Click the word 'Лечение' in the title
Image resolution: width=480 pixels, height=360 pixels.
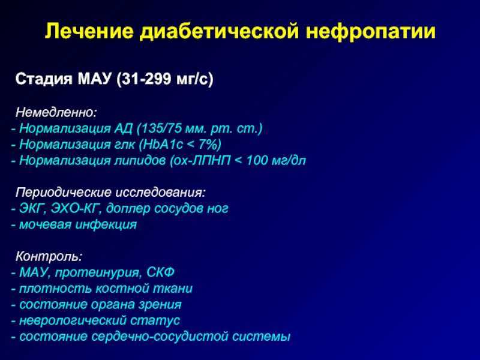click(89, 31)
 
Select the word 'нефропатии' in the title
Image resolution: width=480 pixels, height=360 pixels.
click(370, 32)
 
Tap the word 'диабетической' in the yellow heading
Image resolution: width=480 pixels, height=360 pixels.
click(220, 32)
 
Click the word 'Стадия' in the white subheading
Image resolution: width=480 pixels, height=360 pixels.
click(44, 79)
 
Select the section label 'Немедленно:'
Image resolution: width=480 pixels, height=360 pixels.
click(56, 112)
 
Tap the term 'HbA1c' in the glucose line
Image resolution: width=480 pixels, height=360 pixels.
click(161, 145)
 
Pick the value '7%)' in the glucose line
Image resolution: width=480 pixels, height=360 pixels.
click(209, 145)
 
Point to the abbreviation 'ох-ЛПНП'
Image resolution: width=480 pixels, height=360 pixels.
click(200, 160)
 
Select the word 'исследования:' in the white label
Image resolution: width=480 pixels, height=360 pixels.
click(160, 192)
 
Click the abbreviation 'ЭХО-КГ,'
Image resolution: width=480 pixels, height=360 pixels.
click(76, 208)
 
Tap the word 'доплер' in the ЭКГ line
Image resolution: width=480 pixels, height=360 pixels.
click(128, 209)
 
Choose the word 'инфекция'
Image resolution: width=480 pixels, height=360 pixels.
click(106, 225)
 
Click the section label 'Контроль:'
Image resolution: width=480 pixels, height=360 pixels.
click(49, 256)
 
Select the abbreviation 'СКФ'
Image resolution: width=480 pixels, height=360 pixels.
click(160, 272)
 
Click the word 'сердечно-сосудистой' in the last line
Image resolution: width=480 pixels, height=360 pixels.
click(160, 337)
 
